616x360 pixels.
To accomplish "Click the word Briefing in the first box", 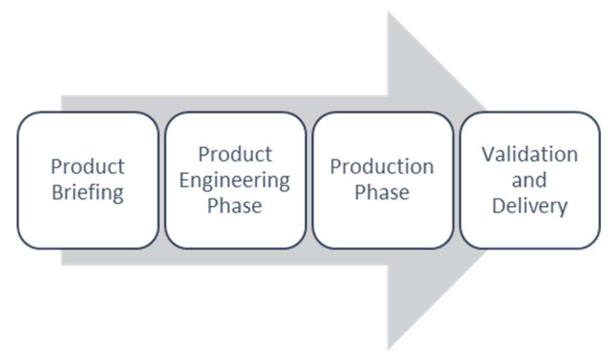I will pos(87,193).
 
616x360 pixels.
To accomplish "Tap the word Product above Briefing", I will pos(87,167).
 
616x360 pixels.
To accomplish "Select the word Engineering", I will pos(234,180).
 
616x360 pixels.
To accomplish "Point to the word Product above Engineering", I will pos(235,155).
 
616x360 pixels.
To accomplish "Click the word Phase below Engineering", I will pos(234,206).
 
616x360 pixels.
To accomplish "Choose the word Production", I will pos(382,167).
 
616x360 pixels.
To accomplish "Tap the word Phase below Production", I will pos(382,193).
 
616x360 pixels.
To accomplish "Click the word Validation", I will pos(529,155).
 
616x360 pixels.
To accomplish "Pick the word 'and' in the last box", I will pos(529,180).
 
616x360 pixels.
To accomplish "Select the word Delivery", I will pos(529,206).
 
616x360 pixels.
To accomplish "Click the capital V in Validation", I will pos(488,155).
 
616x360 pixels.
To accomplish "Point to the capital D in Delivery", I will pos(497,206).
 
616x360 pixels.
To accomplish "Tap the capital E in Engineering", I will pos(185,180).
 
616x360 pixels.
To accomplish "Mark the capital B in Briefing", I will pos(57,193).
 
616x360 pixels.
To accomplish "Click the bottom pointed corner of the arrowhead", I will pos(389,347).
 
